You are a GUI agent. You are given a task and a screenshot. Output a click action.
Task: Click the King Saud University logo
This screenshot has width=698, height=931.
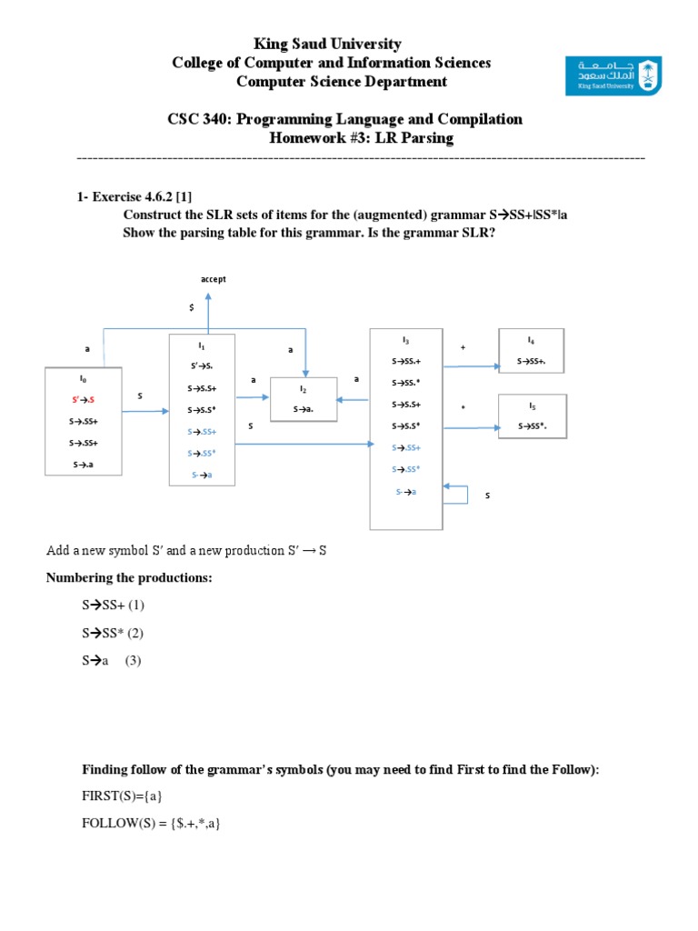pos(613,77)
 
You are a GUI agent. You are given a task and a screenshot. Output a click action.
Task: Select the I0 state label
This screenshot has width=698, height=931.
pos(83,375)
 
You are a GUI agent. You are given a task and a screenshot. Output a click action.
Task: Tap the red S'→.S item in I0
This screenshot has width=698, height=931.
pos(83,399)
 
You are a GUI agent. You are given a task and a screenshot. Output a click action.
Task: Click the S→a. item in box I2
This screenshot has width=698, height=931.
pos(304,409)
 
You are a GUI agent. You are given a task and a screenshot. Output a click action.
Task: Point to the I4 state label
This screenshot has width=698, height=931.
pos(531,339)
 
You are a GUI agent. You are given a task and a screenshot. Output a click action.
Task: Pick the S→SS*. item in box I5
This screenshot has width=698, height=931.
pos(533,425)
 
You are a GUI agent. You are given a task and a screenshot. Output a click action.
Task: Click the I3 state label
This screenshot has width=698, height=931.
pos(406,339)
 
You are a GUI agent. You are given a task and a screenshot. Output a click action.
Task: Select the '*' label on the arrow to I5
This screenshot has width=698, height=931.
pos(463,408)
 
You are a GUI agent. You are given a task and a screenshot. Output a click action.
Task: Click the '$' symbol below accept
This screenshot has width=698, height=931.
pos(191,308)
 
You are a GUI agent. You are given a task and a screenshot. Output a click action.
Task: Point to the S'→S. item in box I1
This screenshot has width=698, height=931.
pos(201,367)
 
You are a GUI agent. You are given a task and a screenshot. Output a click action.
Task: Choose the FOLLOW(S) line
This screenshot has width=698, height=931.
pos(152,824)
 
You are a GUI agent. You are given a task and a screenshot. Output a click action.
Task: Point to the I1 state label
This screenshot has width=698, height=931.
pos(201,345)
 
